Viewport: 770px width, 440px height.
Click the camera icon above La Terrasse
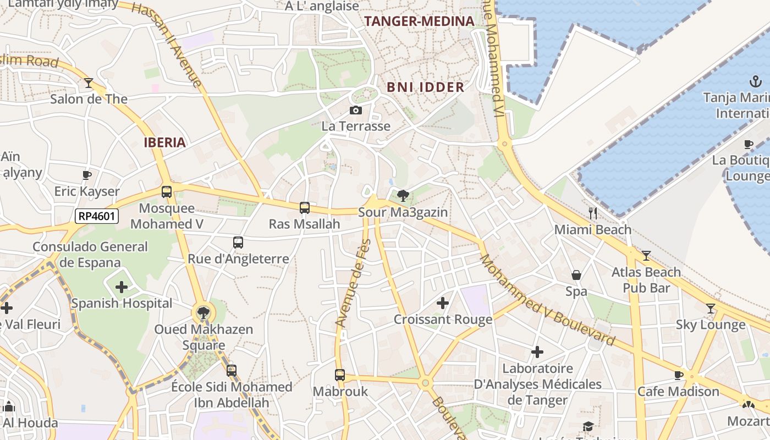pos(356,110)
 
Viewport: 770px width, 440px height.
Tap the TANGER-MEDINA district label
pos(419,21)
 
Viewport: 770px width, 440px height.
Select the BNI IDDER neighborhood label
pos(425,87)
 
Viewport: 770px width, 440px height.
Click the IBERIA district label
pos(164,142)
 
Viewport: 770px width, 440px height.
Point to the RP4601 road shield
pos(97,216)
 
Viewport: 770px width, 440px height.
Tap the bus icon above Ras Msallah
pos(305,208)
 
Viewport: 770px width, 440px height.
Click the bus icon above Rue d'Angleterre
pos(238,242)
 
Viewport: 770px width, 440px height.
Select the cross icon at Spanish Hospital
pos(122,287)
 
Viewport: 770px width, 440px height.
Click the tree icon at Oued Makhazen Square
pos(204,313)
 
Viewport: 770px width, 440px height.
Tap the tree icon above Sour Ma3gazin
pos(403,196)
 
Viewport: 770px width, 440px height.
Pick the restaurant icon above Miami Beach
pos(592,213)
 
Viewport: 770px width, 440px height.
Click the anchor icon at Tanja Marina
pos(756,82)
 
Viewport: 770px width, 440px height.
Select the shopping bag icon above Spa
pos(576,275)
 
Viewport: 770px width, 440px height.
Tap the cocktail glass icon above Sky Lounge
pos(711,309)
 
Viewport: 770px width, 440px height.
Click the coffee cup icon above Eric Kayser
pos(87,175)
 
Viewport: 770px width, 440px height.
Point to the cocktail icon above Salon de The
pos(89,83)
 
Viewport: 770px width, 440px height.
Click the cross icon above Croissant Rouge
pos(443,303)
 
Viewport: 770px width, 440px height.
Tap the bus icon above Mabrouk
pos(340,375)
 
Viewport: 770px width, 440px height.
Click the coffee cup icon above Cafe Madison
pos(679,375)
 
